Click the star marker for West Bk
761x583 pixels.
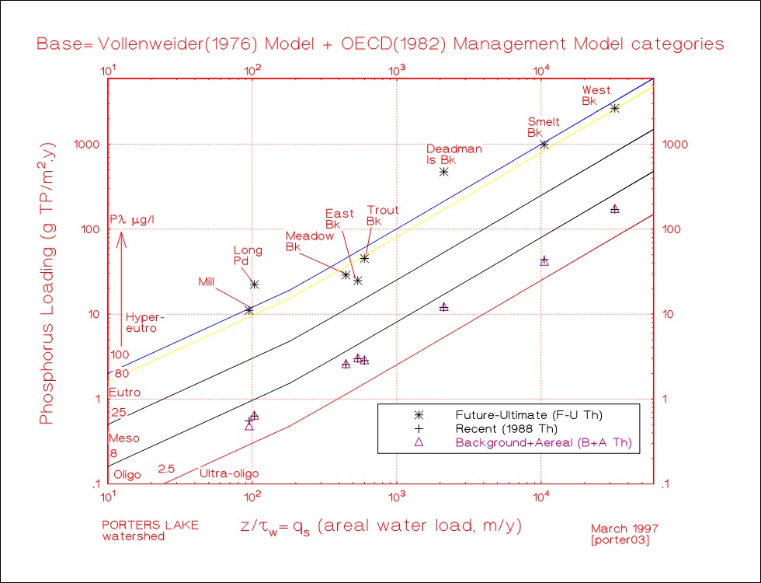pyautogui.click(x=614, y=109)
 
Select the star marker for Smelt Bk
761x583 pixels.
pyautogui.click(x=544, y=145)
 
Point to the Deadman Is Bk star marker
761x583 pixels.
pyautogui.click(x=443, y=172)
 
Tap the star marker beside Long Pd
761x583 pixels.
pyautogui.click(x=254, y=285)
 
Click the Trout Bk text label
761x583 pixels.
pyautogui.click(x=382, y=215)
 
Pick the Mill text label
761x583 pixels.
pyautogui.click(x=206, y=281)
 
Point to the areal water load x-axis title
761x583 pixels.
pyautogui.click(x=380, y=525)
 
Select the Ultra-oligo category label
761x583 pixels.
pyautogui.click(x=229, y=473)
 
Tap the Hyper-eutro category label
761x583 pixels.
pyautogui.click(x=145, y=323)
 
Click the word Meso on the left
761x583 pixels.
pyautogui.click(x=123, y=438)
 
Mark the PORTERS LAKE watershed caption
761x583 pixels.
pyautogui.click(x=150, y=530)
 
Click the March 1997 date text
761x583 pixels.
pyautogui.click(x=621, y=528)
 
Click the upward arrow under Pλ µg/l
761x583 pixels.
pyautogui.click(x=122, y=272)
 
